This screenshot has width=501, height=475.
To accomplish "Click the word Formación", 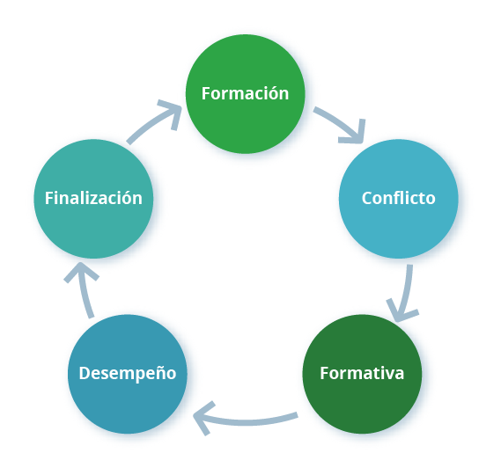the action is pyautogui.click(x=245, y=93).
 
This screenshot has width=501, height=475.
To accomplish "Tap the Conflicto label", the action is pyautogui.click(x=399, y=198).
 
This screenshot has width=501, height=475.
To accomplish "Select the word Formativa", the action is pyautogui.click(x=362, y=373).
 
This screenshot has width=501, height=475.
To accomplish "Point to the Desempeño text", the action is pyautogui.click(x=128, y=374).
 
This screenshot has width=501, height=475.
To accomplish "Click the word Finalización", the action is pyautogui.click(x=93, y=198).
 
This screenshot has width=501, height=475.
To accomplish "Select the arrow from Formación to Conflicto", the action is pyautogui.click(x=343, y=123).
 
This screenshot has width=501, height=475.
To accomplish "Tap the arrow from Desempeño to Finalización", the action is pyautogui.click(x=84, y=289).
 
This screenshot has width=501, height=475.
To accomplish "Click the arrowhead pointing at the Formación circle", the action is pyautogui.click(x=171, y=113).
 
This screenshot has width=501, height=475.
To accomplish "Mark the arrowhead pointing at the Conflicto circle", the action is pyautogui.click(x=354, y=133).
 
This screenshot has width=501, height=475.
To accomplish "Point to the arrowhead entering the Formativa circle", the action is pyautogui.click(x=401, y=311).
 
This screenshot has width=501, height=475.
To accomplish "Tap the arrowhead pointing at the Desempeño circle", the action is pyautogui.click(x=203, y=418).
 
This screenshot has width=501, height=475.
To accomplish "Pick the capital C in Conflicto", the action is pyautogui.click(x=367, y=198).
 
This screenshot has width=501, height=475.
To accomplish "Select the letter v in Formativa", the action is pyautogui.click(x=389, y=375).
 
